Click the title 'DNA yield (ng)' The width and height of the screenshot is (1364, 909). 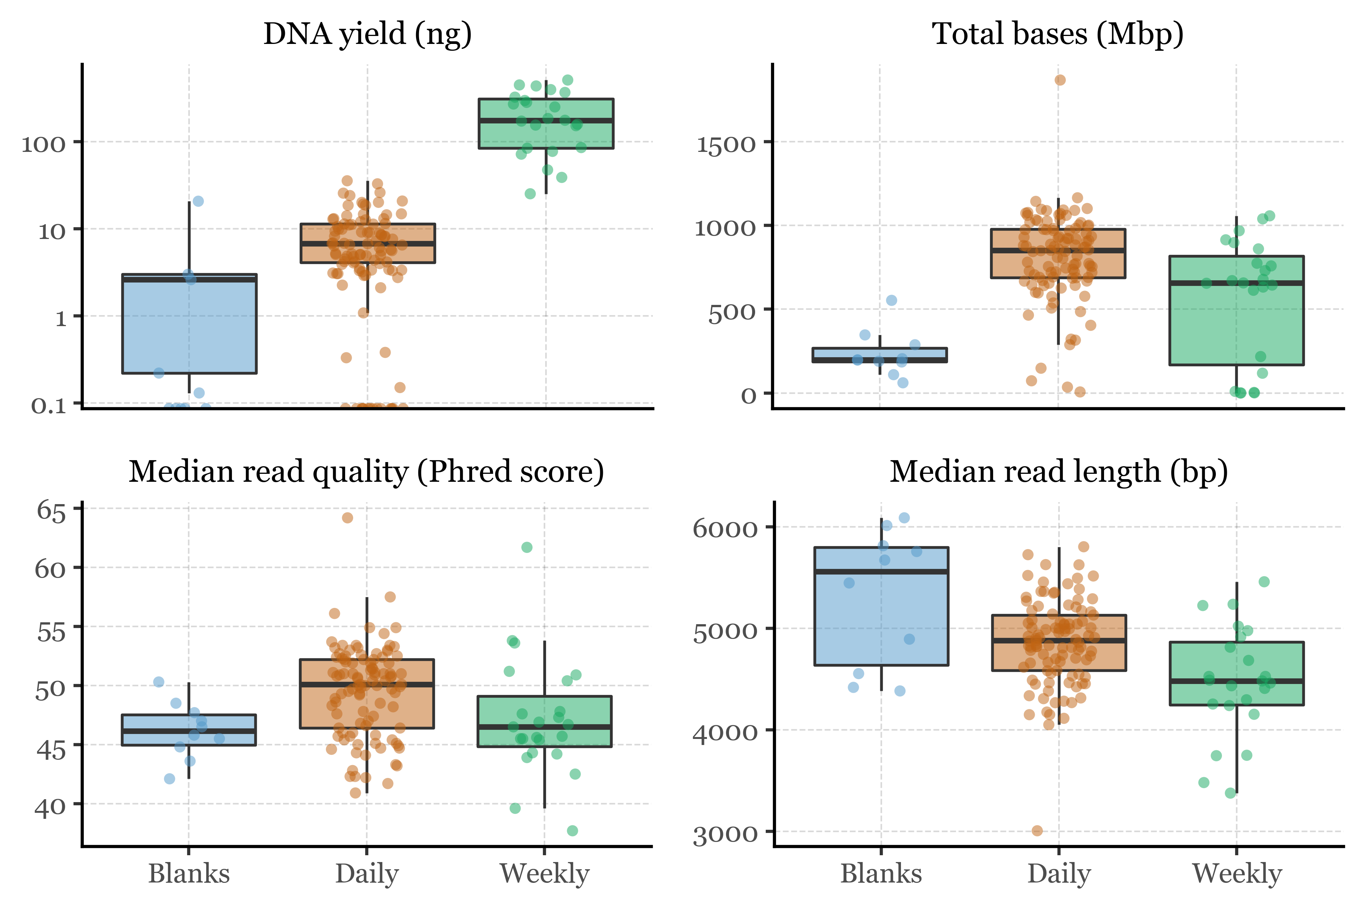pos(367,34)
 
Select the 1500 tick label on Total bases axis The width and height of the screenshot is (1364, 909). pos(726,144)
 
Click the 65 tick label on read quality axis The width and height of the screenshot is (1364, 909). pos(51,511)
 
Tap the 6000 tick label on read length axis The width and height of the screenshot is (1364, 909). pos(725,529)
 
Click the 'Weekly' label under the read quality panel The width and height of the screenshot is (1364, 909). pos(544,873)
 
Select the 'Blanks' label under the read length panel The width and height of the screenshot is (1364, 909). pos(881,873)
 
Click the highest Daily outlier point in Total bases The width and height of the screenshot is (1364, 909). pos(1059,80)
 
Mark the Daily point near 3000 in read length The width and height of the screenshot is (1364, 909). pos(1037,831)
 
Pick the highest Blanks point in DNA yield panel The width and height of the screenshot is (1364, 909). pos(198,201)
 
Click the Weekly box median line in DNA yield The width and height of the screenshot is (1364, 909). pos(546,120)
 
